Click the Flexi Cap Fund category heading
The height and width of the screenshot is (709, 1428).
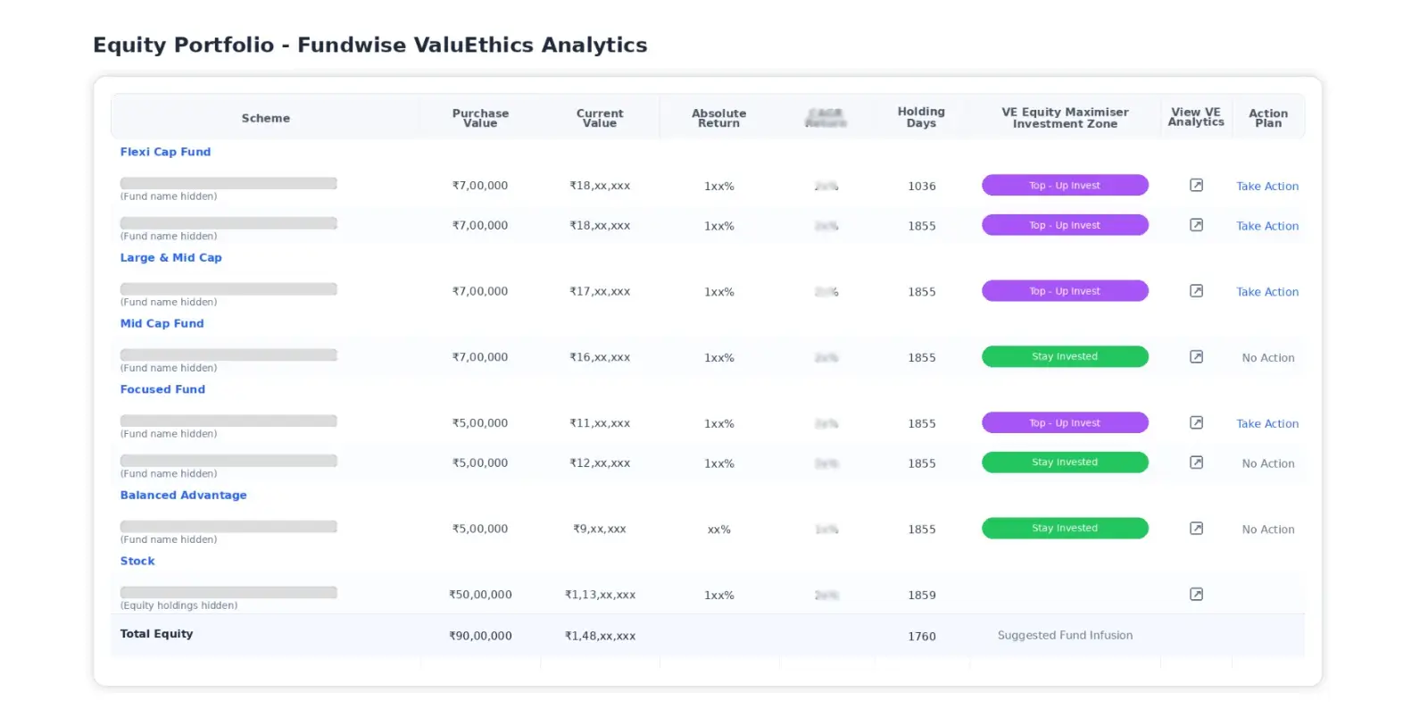pyautogui.click(x=165, y=152)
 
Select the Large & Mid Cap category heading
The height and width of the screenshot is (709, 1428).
pyautogui.click(x=170, y=257)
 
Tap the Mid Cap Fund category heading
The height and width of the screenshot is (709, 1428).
pyautogui.click(x=162, y=323)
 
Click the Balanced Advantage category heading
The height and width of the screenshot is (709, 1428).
pyautogui.click(x=183, y=495)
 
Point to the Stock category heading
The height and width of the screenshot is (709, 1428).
pyautogui.click(x=137, y=561)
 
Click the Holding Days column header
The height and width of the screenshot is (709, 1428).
pyautogui.click(x=921, y=117)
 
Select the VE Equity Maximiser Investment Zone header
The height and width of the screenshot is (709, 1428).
pyautogui.click(x=1065, y=118)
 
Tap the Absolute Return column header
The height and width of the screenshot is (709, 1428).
pyautogui.click(x=718, y=118)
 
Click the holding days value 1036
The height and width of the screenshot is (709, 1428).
pyautogui.click(x=922, y=186)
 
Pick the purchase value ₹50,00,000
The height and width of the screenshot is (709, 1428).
pyautogui.click(x=480, y=595)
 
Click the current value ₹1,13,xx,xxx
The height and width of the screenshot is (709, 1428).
pyautogui.click(x=600, y=595)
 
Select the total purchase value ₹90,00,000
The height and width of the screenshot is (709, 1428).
pyautogui.click(x=480, y=636)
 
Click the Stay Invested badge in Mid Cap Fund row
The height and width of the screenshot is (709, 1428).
pyautogui.click(x=1065, y=356)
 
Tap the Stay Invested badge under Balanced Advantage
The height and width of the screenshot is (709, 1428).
pyautogui.click(x=1065, y=528)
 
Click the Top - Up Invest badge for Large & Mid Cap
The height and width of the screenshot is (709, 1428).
pyautogui.click(x=1065, y=291)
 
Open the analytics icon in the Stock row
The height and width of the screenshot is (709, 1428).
pyautogui.click(x=1196, y=595)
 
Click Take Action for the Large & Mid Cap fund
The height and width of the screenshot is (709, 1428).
pyautogui.click(x=1267, y=292)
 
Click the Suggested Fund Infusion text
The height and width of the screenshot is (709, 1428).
pyautogui.click(x=1065, y=635)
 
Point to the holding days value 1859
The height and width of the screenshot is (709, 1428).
pyautogui.click(x=922, y=595)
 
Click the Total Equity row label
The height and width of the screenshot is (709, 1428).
pyautogui.click(x=156, y=634)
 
